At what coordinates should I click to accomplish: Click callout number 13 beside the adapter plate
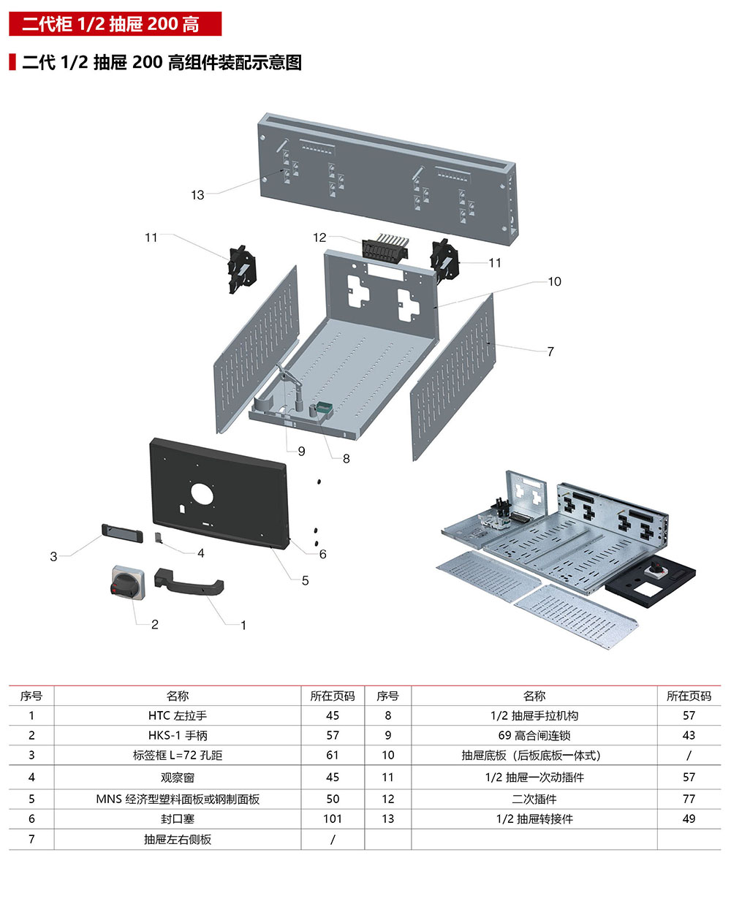[197, 195]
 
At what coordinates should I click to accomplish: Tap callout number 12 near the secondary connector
[319, 237]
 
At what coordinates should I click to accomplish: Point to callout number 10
[554, 281]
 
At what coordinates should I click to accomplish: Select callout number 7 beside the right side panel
[550, 351]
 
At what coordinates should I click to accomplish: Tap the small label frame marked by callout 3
[121, 532]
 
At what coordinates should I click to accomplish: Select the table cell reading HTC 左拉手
[178, 715]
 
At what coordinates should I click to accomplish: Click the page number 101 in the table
[333, 818]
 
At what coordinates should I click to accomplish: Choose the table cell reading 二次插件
[534, 799]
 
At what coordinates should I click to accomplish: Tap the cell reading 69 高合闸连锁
[534, 735]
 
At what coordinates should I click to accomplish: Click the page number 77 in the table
[689, 799]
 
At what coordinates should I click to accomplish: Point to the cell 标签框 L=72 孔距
[178, 755]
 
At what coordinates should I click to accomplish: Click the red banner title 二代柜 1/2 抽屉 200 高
[115, 24]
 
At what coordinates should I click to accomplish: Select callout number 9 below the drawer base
[301, 451]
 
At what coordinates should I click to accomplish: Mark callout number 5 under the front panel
[305, 580]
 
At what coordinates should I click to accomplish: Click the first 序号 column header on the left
[31, 696]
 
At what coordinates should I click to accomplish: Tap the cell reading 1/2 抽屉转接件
[534, 818]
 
